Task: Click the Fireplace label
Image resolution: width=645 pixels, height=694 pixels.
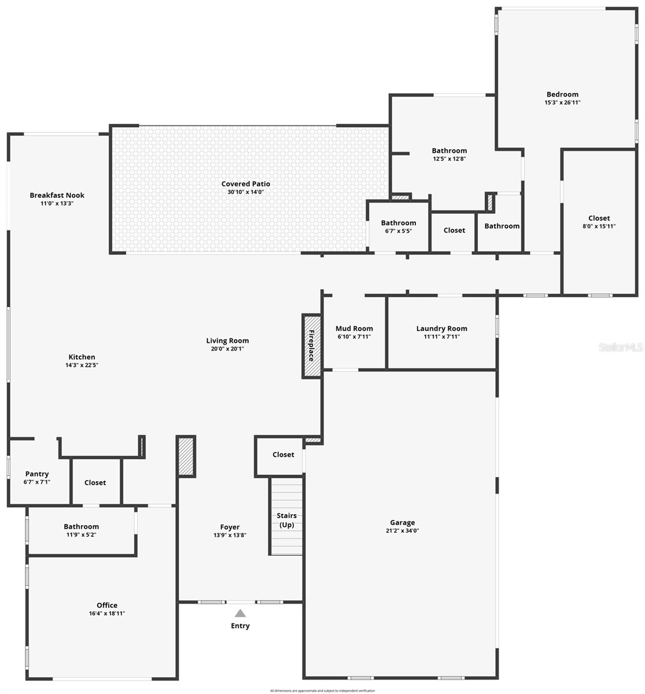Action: pyautogui.click(x=311, y=346)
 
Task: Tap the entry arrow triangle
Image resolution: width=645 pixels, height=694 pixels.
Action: pyautogui.click(x=240, y=613)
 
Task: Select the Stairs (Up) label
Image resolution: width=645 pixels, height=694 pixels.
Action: pyautogui.click(x=286, y=520)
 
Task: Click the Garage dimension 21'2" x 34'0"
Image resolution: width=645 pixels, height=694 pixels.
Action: pyautogui.click(x=402, y=530)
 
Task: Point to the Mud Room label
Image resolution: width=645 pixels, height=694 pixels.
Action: pyautogui.click(x=354, y=328)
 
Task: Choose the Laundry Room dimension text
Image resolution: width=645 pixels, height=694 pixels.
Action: pyautogui.click(x=441, y=336)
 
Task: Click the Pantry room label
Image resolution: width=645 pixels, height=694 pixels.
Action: pyautogui.click(x=37, y=474)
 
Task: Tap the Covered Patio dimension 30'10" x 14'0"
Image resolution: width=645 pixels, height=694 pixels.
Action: pyautogui.click(x=245, y=191)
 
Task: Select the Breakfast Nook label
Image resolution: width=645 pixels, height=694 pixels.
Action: pyautogui.click(x=57, y=195)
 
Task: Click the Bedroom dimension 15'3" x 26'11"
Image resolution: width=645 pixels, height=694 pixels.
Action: pyautogui.click(x=562, y=102)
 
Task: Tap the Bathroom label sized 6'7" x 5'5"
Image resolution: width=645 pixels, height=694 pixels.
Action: pyautogui.click(x=398, y=223)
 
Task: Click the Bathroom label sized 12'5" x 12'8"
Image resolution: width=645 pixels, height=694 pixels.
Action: pyautogui.click(x=449, y=151)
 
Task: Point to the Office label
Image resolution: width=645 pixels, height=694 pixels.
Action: pyautogui.click(x=107, y=606)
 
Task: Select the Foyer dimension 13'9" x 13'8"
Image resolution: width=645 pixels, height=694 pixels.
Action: pyautogui.click(x=230, y=535)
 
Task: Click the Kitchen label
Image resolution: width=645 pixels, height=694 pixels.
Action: pyautogui.click(x=82, y=357)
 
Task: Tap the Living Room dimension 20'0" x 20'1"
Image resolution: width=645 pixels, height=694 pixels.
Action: pyautogui.click(x=227, y=349)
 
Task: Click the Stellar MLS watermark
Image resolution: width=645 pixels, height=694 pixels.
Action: pyautogui.click(x=621, y=347)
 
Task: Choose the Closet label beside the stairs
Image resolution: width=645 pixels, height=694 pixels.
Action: pyautogui.click(x=283, y=455)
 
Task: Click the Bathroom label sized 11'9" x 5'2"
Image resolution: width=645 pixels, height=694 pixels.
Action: pyautogui.click(x=81, y=527)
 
